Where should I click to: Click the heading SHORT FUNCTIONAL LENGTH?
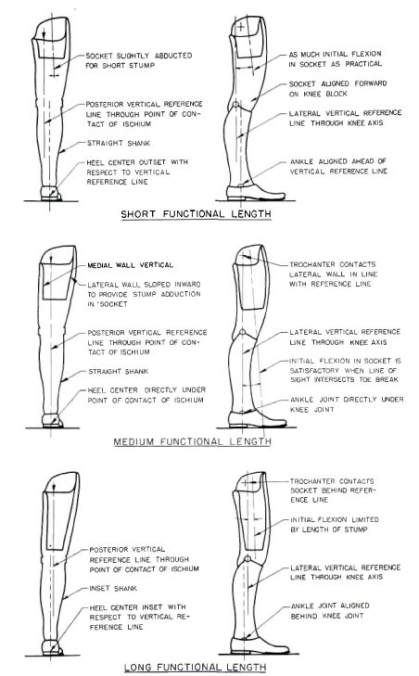coord(196,214)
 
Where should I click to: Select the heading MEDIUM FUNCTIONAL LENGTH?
coord(192,441)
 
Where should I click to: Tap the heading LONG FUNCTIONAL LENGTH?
coord(195,668)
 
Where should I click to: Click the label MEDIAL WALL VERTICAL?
coord(130,265)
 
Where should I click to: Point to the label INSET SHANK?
coord(113,588)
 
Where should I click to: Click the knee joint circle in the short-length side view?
coord(235,105)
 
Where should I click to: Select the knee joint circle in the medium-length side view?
coord(242,332)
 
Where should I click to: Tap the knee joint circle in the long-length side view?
coord(247,559)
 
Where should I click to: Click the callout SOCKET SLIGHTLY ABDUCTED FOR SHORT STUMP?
coord(139,60)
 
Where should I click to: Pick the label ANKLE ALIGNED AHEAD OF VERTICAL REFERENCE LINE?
coord(338,166)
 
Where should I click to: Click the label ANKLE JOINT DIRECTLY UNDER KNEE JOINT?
coord(347,404)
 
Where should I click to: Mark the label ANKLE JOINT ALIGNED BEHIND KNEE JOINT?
coord(330,610)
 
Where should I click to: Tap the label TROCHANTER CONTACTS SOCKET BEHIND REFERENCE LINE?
coord(333,491)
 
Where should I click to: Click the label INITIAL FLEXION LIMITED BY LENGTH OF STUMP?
coord(335,524)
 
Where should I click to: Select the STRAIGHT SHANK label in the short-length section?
coord(119,143)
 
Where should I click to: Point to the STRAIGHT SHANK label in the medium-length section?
coord(118,371)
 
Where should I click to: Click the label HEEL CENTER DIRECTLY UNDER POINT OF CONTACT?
coord(146,395)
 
